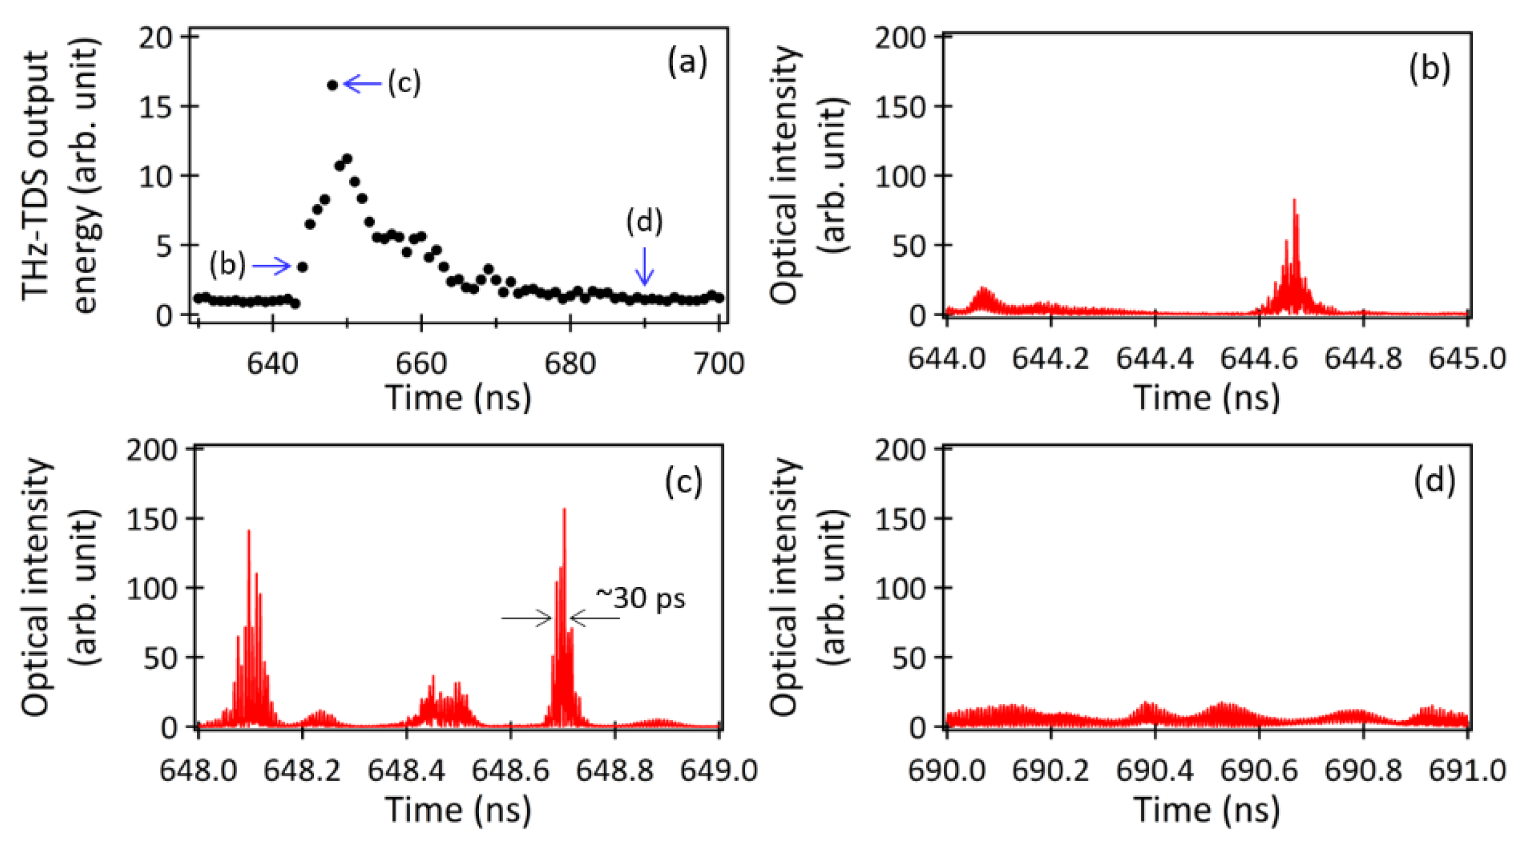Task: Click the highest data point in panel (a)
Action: point(333,85)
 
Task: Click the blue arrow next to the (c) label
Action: point(363,84)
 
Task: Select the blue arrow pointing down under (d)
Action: point(644,266)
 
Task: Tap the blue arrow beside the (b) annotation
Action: point(272,266)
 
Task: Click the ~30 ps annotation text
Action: point(641,598)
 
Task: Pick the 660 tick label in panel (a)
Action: point(420,363)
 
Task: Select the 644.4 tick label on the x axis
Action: point(1154,359)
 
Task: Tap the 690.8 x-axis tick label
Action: point(1363,771)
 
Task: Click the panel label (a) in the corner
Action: point(686,62)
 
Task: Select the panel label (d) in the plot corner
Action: point(1434,480)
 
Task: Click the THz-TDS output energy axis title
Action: point(59,175)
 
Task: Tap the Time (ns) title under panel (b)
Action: point(1207,397)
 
